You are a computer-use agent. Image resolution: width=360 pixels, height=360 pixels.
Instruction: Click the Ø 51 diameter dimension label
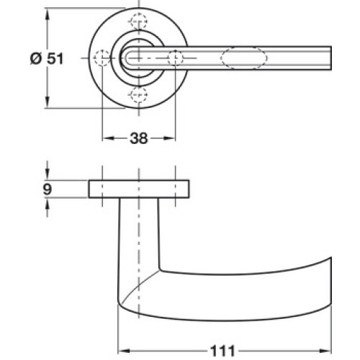click(x=47, y=58)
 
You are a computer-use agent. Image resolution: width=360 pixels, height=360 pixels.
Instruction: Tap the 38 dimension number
click(x=139, y=138)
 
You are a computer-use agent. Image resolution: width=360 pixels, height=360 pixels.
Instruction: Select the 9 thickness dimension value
click(x=48, y=189)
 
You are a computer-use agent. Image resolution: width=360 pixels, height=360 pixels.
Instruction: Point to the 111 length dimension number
click(x=222, y=351)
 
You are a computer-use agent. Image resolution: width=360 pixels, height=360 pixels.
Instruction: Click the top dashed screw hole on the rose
click(x=139, y=22)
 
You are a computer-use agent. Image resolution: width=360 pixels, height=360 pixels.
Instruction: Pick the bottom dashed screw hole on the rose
click(x=139, y=94)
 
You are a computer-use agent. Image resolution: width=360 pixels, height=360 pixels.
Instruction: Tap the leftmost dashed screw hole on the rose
click(x=102, y=58)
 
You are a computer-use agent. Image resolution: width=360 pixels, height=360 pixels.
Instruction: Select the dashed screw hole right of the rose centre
click(x=175, y=58)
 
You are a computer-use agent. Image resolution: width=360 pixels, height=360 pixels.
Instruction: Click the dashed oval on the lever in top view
click(x=244, y=58)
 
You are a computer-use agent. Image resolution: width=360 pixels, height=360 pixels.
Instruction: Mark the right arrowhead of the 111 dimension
click(x=325, y=351)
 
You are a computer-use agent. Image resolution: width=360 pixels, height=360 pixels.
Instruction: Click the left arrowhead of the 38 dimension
click(x=108, y=138)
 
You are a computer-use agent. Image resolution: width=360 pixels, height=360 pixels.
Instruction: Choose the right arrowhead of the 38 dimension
click(x=169, y=138)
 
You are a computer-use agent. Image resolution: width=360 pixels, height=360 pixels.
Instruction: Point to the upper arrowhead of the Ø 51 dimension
click(x=48, y=14)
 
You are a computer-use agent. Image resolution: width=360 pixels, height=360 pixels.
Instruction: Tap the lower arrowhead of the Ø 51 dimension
click(x=48, y=102)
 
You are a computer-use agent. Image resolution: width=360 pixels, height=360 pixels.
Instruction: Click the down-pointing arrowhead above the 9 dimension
click(x=48, y=174)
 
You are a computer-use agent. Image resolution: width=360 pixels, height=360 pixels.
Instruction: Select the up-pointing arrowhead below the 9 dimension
click(x=48, y=204)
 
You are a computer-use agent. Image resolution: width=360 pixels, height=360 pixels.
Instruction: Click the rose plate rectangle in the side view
click(x=139, y=189)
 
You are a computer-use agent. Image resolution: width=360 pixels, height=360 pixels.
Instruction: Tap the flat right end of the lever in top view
click(x=331, y=58)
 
